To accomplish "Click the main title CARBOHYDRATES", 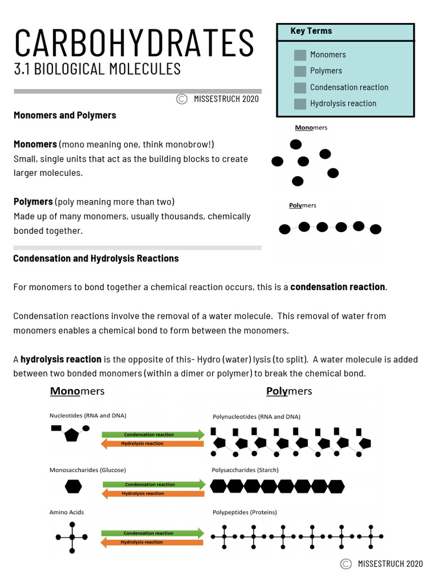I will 134,43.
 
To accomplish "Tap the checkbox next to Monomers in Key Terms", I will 300,55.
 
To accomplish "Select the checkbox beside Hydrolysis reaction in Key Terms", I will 300,104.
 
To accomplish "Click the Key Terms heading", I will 311,31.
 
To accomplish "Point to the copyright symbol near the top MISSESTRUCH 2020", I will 182,99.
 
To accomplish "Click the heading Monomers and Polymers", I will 65,115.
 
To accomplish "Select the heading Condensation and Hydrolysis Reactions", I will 96,259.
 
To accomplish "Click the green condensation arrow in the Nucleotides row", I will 152,434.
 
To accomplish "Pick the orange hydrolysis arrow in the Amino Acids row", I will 152,542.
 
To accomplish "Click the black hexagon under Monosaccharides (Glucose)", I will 73,486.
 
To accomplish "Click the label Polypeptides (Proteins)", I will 244,512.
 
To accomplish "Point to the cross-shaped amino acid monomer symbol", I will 72,537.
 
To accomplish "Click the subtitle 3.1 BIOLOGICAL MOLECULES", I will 97,69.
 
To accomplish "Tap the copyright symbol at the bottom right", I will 346,563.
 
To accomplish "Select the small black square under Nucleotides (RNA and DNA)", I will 56,428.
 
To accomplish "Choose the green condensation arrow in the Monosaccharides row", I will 152,484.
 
